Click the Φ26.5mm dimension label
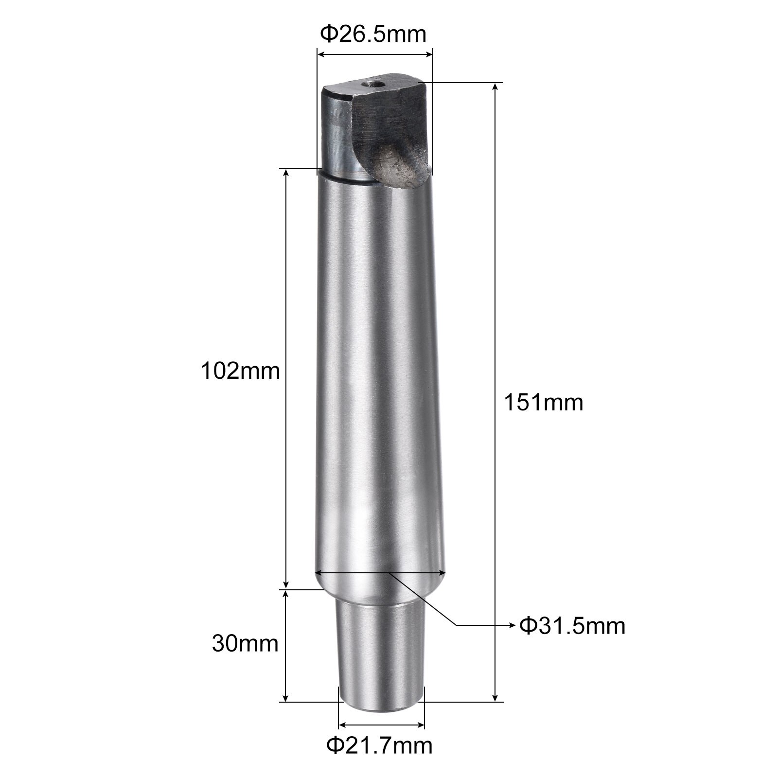coord(373,35)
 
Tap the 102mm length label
coord(241,371)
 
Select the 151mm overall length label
coord(543,403)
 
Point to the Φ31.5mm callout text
coord(572,626)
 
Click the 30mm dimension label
coord(245,644)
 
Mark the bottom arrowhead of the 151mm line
coord(495,698)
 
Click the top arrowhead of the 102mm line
coord(286,173)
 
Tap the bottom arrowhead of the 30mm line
coord(286,698)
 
